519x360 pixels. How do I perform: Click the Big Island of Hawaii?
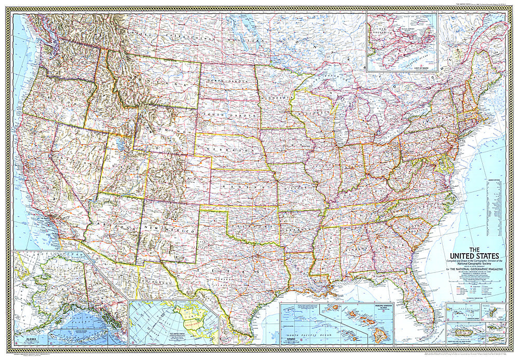point(382,335)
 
